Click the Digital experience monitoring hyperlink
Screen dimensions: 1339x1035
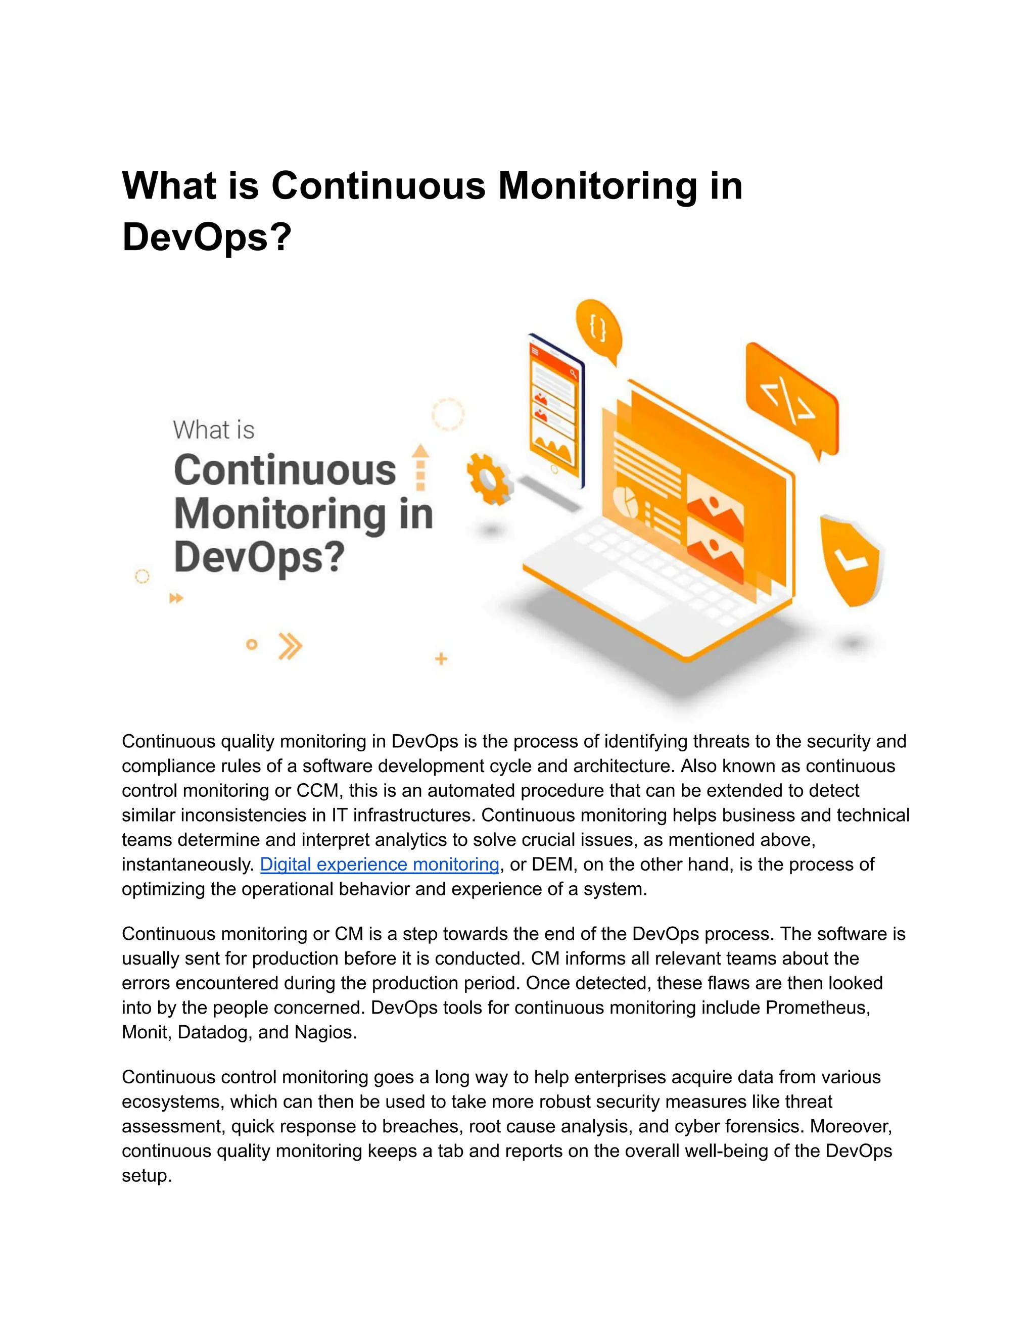pyautogui.click(x=379, y=865)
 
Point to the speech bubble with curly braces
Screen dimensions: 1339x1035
pyautogui.click(x=598, y=329)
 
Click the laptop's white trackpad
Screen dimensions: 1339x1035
pyautogui.click(x=626, y=595)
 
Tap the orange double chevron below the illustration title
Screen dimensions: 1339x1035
pyautogui.click(x=290, y=646)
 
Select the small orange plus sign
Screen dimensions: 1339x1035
pyautogui.click(x=441, y=659)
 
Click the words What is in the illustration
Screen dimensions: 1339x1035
pyautogui.click(x=213, y=430)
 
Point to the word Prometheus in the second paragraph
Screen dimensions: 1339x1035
pyautogui.click(x=817, y=1008)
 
